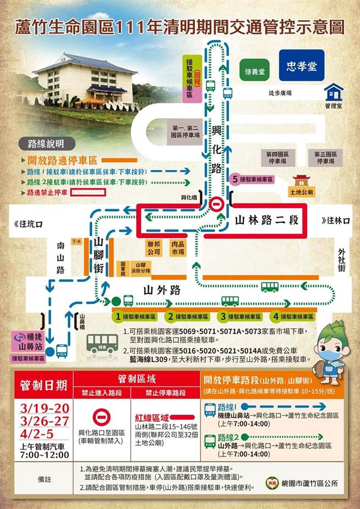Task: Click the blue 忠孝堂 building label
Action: [301, 66]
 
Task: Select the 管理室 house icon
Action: [333, 92]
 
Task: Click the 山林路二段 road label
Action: [266, 221]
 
